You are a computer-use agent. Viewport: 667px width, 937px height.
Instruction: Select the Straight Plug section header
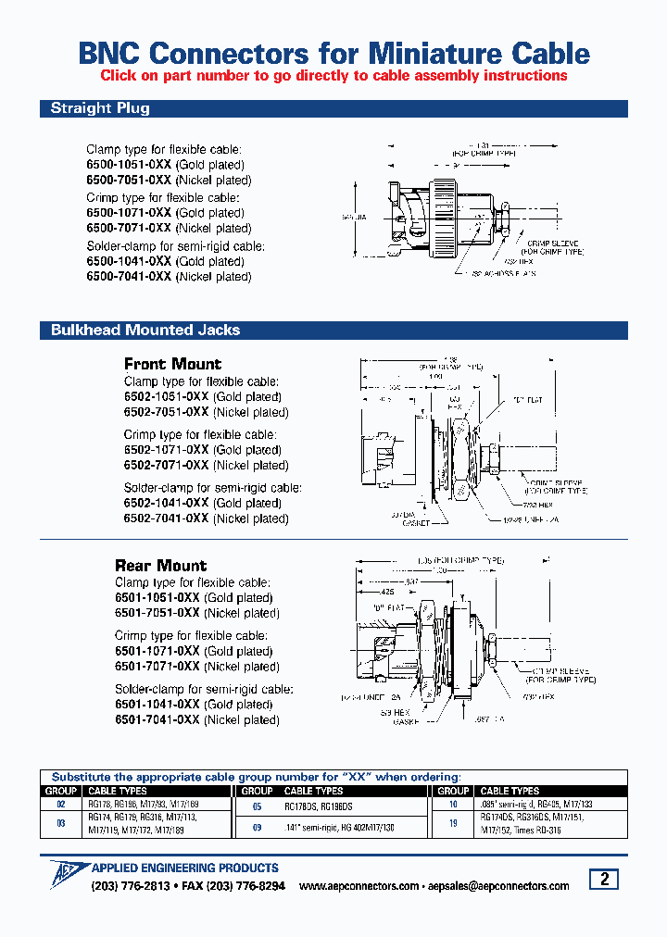point(100,108)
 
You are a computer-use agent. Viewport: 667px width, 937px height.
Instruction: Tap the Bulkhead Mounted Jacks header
point(145,330)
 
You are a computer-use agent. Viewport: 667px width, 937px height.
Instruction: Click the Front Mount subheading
point(172,364)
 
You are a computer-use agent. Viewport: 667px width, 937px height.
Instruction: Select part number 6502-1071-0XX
point(167,450)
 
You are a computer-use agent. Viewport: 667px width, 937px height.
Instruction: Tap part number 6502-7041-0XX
point(167,519)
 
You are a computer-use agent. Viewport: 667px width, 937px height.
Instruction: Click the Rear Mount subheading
point(160,565)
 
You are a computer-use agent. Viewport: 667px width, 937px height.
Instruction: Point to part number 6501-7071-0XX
point(157,667)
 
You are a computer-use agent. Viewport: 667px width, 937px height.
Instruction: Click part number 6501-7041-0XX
point(157,719)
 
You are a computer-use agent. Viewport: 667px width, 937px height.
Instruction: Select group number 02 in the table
point(61,805)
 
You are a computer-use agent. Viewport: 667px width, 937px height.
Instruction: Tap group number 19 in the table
point(453,821)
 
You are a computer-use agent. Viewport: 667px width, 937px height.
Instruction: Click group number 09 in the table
point(257,827)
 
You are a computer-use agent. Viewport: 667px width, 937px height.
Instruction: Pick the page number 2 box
point(604,880)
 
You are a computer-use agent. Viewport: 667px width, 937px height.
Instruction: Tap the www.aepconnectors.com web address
point(359,886)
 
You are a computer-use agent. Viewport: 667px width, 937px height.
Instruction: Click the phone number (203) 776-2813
point(131,886)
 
